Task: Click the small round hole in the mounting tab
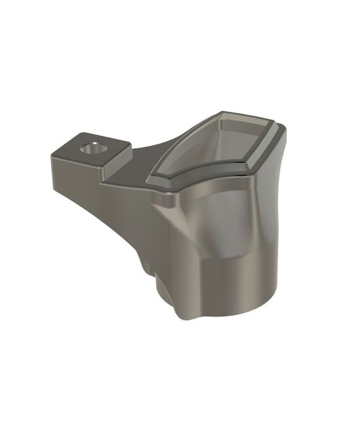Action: tap(94, 148)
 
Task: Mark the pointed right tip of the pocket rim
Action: tap(286, 129)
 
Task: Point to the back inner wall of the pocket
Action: tap(239, 127)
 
